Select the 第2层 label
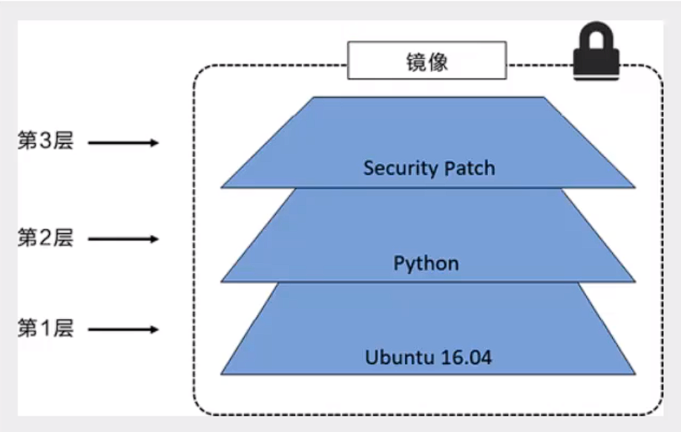pos(45,239)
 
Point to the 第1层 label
pos(45,329)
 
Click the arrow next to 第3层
pos(123,142)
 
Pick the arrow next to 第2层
pos(123,239)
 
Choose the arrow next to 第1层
pos(123,329)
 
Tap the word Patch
pos(470,168)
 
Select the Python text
pos(426,264)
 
